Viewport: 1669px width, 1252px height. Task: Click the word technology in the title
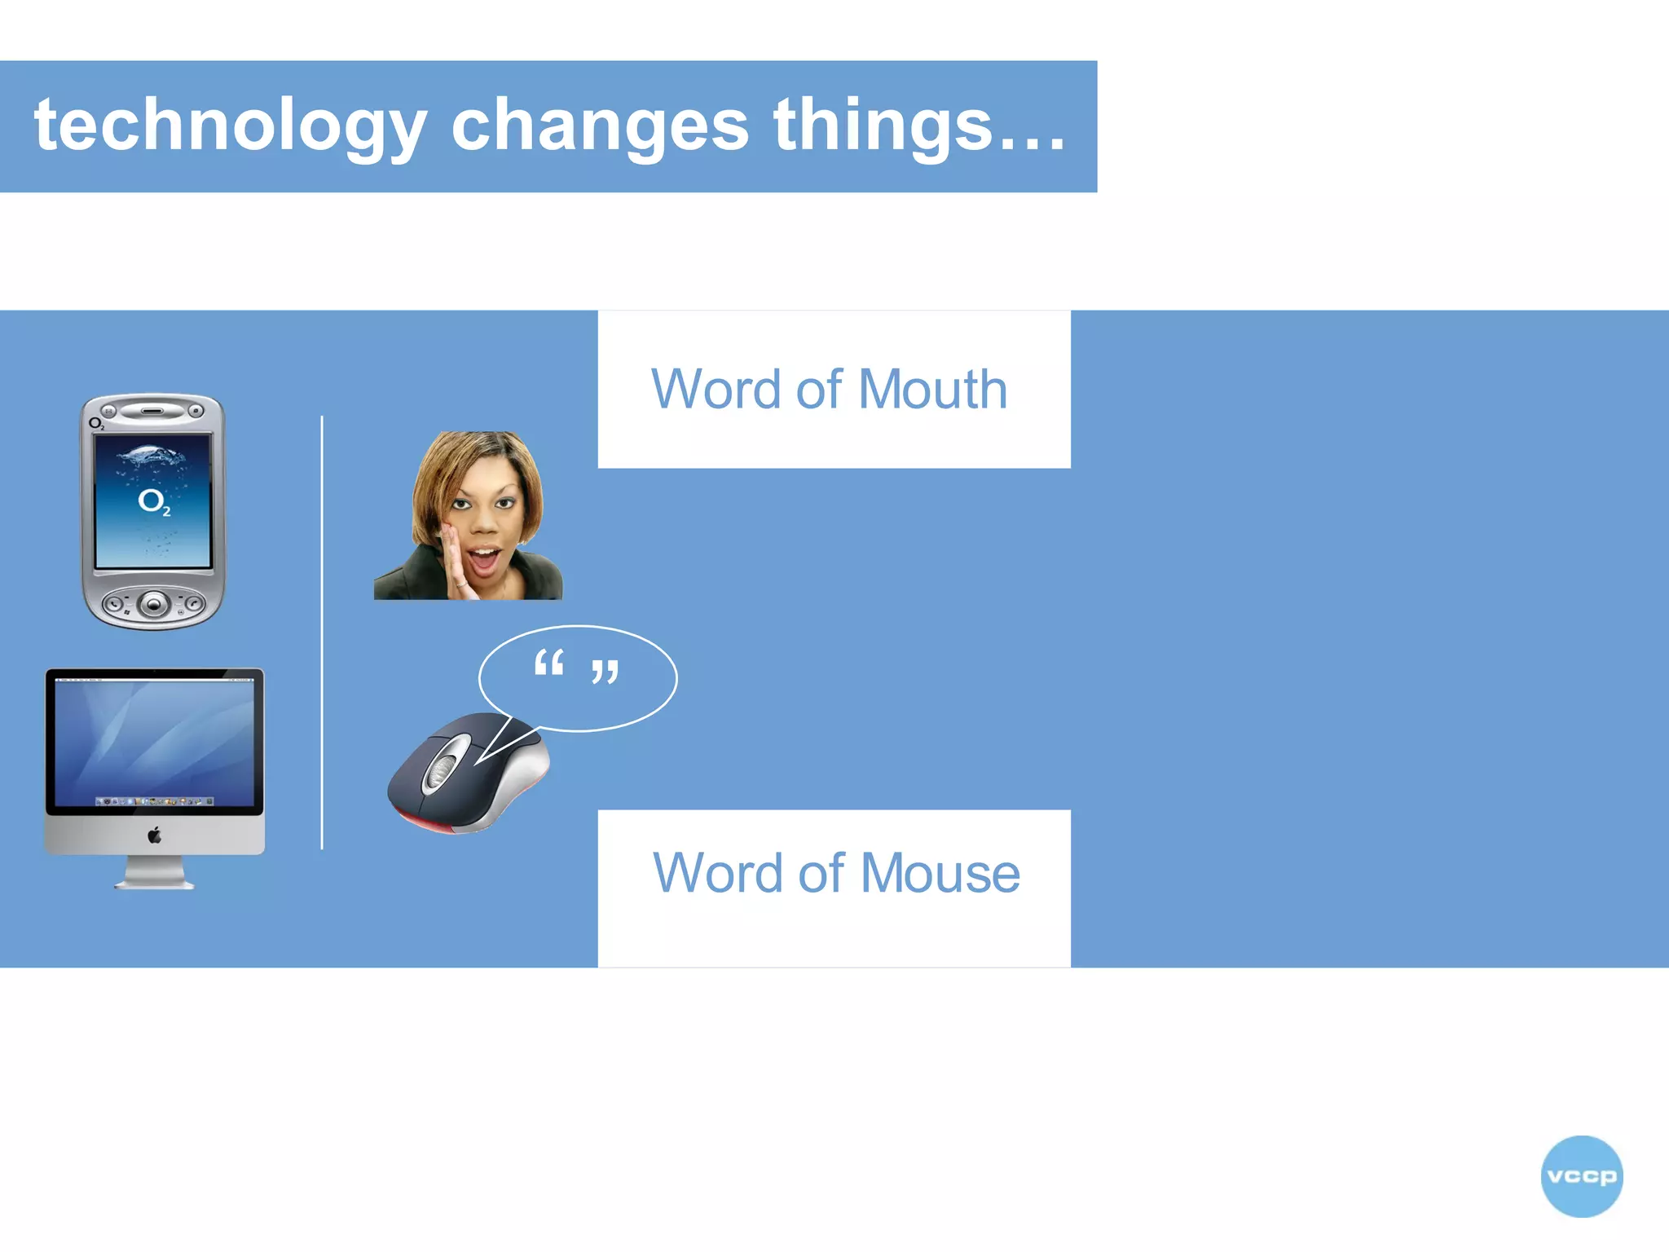pos(230,126)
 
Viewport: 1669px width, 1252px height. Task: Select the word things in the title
pos(884,126)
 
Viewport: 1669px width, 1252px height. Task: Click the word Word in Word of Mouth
pos(717,390)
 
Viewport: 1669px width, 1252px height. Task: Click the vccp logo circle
pos(1581,1176)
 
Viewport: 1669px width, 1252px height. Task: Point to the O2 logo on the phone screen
pos(153,501)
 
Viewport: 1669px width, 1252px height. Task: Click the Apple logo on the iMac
pos(154,835)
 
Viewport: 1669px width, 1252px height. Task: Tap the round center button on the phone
pos(153,604)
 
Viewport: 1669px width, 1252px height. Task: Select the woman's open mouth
pos(486,560)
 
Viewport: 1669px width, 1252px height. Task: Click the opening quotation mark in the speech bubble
pos(548,663)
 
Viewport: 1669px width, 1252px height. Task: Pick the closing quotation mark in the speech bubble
pos(605,672)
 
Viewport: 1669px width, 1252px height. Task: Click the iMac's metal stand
pos(154,873)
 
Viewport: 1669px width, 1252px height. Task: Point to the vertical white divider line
pos(322,632)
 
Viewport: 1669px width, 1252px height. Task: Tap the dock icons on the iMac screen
pos(154,801)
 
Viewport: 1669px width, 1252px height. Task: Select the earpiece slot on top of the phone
pos(152,411)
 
